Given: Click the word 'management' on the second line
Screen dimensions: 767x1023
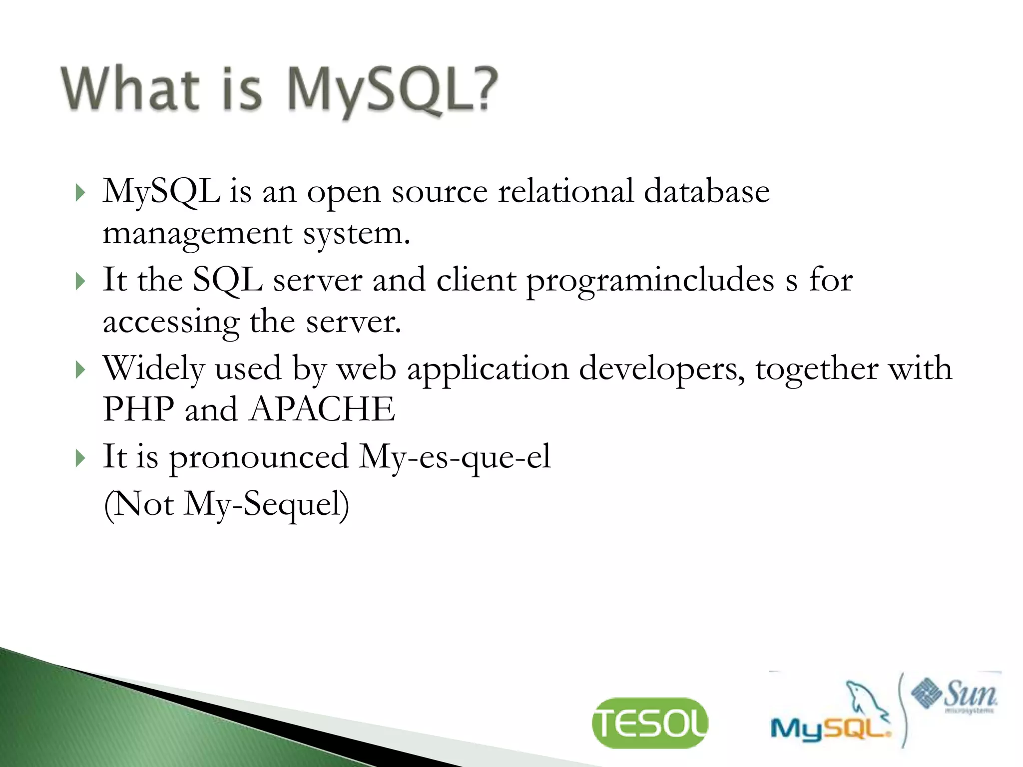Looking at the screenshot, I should pyautogui.click(x=197, y=234).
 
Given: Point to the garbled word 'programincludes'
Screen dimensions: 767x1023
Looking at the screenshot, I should pyautogui.click(x=650, y=280).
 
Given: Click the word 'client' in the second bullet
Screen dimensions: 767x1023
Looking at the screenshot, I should pyautogui.click(x=476, y=279).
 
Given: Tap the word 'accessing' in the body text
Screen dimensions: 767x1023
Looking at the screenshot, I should pyautogui.click(x=171, y=322).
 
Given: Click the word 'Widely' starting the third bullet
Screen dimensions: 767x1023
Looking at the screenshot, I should pyautogui.click(x=153, y=369).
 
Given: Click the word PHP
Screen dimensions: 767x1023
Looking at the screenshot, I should pyautogui.click(x=138, y=409).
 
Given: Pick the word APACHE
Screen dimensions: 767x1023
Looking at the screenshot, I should pyautogui.click(x=322, y=409).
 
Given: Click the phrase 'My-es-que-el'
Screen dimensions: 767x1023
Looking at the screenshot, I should pyautogui.click(x=455, y=456).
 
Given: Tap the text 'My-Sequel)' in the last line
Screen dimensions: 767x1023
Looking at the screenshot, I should pyautogui.click(x=266, y=504).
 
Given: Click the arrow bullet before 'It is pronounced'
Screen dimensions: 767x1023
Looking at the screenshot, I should pyautogui.click(x=80, y=458).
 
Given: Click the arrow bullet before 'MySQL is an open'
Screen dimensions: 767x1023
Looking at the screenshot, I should pyautogui.click(x=80, y=192).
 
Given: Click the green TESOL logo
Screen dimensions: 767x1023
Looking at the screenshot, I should pyautogui.click(x=649, y=723).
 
